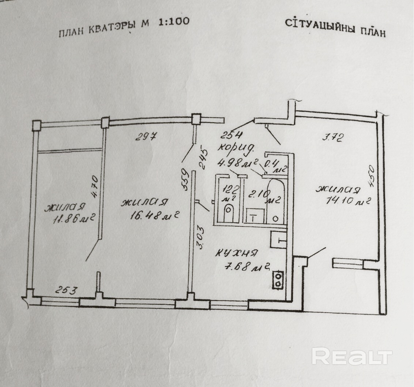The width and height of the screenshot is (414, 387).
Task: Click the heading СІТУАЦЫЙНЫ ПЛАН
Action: tap(335, 28)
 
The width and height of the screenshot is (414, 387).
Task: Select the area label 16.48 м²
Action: tap(150, 216)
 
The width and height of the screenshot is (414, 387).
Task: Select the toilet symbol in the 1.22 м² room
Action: tap(229, 212)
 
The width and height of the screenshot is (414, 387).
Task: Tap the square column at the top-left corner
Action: tap(37, 126)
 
